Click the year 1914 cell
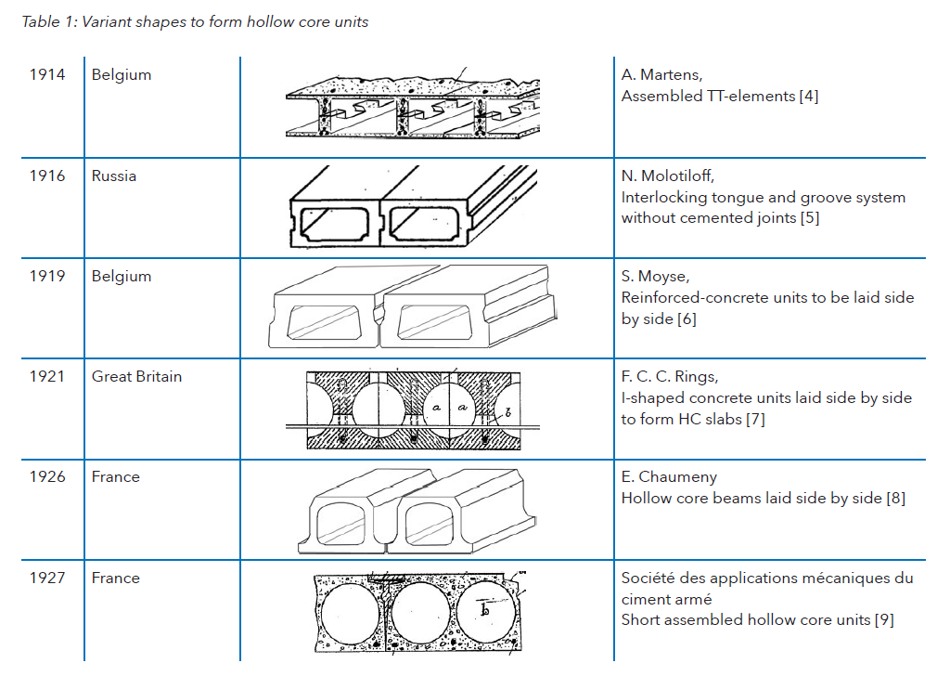tap(47, 74)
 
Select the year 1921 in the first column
tap(47, 376)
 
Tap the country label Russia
tap(113, 175)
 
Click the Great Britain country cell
tap(136, 376)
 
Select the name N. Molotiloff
tap(667, 175)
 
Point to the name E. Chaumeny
tap(669, 476)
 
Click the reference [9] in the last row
tap(884, 620)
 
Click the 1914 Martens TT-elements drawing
tap(413, 104)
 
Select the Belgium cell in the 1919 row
tap(121, 276)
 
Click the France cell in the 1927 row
tap(115, 578)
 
